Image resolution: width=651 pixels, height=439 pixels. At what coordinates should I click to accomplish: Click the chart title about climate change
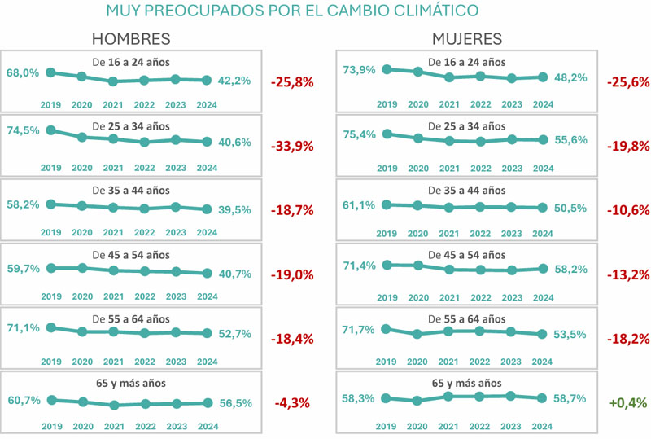[291, 11]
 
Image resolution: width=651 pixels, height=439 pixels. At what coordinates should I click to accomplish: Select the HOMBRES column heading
[131, 39]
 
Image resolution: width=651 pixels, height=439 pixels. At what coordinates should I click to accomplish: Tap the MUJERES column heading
[467, 39]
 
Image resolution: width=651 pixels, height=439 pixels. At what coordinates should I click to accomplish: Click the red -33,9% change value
[291, 147]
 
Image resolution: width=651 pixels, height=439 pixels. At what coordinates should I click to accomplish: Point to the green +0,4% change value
[627, 402]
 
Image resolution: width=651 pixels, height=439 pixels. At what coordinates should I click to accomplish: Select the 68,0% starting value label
[23, 72]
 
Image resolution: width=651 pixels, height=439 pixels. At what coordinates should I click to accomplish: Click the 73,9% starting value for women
[360, 70]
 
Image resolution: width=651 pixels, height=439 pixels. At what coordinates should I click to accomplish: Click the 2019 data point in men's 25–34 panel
[50, 130]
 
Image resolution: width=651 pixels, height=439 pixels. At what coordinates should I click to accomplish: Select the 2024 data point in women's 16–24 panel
[543, 77]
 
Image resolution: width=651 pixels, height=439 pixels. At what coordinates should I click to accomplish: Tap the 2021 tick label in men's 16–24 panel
[114, 103]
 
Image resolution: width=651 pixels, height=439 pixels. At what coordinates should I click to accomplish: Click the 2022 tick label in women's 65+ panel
[480, 424]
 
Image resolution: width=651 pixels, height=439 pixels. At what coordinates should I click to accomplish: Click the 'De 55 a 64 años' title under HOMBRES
[131, 318]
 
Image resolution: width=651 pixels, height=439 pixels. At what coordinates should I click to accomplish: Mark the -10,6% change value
[627, 210]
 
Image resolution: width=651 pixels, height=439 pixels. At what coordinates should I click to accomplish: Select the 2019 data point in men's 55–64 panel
[50, 327]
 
